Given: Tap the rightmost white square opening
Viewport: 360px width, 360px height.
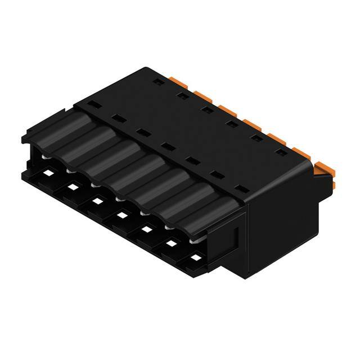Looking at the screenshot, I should (x=196, y=258).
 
